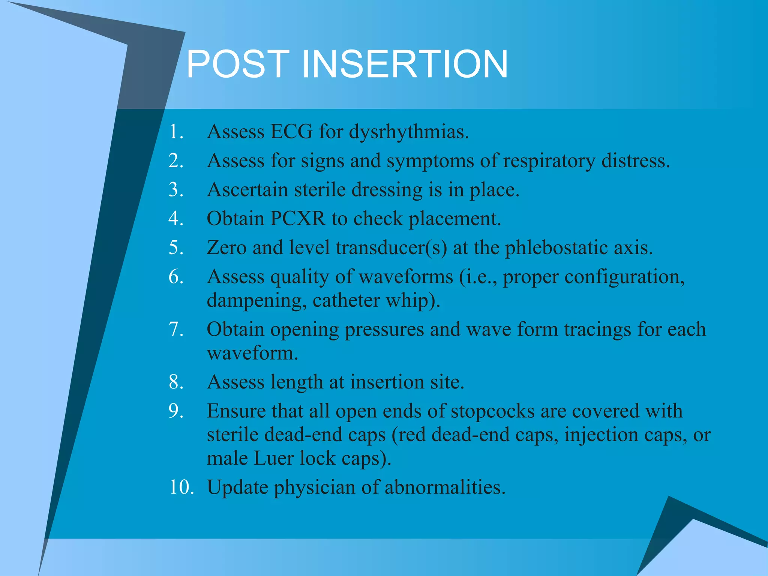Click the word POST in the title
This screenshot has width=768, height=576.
pos(237,64)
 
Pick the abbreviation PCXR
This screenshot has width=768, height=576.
pos(298,219)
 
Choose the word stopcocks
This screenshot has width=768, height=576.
pos(492,411)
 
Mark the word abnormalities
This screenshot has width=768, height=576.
pos(445,487)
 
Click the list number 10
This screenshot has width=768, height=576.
pos(181,487)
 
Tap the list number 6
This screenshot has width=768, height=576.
pos(176,277)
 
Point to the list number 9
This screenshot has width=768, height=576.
pos(176,411)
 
